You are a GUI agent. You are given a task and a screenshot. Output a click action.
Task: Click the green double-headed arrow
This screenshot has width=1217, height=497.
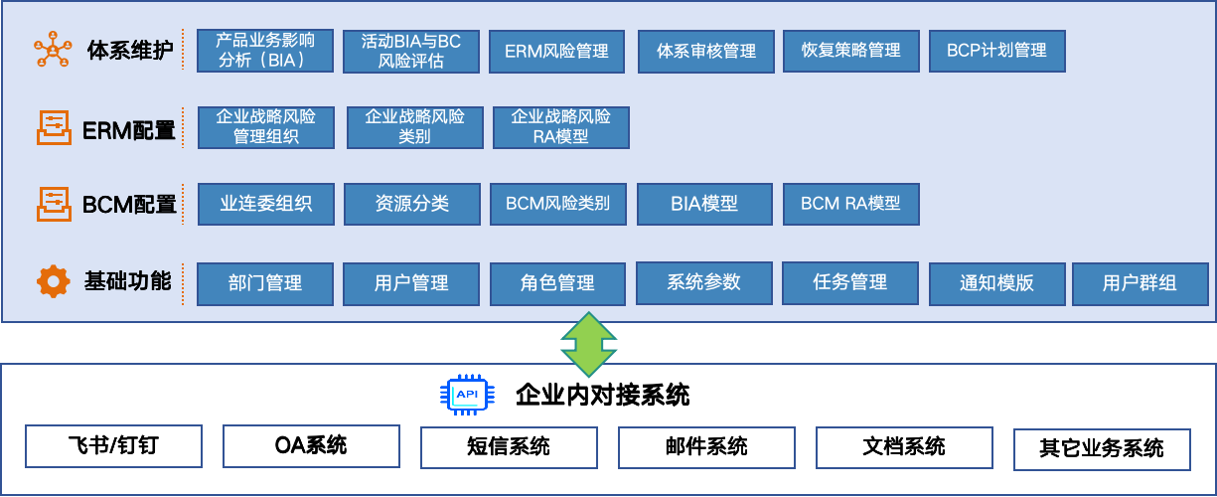[x=589, y=344]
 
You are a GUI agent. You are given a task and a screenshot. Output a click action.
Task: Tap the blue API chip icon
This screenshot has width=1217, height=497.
[x=467, y=395]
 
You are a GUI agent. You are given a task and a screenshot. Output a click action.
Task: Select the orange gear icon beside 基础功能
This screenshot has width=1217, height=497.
[x=54, y=281]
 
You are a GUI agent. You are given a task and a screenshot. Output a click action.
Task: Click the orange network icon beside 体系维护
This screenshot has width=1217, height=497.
[x=53, y=50]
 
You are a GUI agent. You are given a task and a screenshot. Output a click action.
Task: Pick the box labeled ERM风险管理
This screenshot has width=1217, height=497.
[x=557, y=51]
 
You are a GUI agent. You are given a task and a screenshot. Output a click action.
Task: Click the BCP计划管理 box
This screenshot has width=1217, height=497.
[x=997, y=51]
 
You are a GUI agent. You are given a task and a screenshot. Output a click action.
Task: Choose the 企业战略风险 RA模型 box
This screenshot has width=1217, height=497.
[x=561, y=127]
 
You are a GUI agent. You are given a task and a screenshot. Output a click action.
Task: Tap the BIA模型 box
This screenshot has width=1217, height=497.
[x=704, y=204]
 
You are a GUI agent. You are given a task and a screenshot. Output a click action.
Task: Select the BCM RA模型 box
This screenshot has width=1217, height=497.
[x=850, y=204]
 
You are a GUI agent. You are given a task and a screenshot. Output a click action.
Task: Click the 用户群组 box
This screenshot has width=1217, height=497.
[x=1140, y=284]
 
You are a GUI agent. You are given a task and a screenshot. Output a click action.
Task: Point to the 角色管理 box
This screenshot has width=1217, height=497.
[x=558, y=284]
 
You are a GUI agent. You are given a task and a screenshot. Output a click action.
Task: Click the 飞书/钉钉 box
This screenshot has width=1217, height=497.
[x=113, y=446]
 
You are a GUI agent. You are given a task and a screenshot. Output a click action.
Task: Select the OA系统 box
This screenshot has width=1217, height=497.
[x=311, y=446]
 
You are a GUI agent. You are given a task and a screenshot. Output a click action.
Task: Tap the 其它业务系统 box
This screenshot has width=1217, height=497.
[x=1102, y=449]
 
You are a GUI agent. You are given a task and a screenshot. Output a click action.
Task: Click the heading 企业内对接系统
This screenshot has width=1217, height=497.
[x=602, y=396]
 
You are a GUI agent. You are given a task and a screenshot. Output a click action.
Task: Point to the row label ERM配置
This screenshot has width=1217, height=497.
[x=129, y=130]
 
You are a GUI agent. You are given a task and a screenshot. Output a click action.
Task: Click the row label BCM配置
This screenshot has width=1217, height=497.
[x=129, y=205]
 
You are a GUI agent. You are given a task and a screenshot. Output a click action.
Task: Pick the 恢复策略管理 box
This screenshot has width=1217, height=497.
[x=850, y=51]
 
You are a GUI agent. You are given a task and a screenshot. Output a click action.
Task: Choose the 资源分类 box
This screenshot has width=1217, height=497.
[x=412, y=204]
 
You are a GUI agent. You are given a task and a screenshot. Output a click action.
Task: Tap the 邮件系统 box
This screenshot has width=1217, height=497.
[x=706, y=447]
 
